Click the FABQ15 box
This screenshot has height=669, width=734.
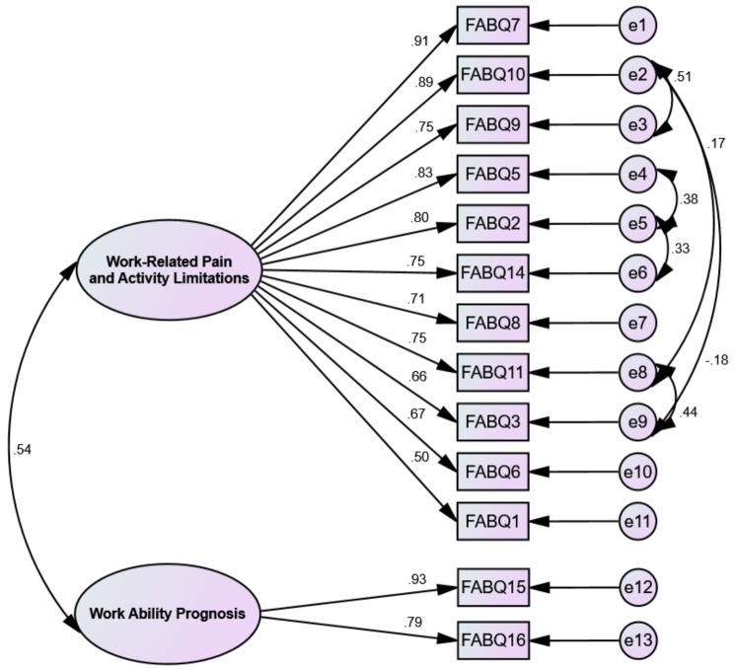[493, 587]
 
